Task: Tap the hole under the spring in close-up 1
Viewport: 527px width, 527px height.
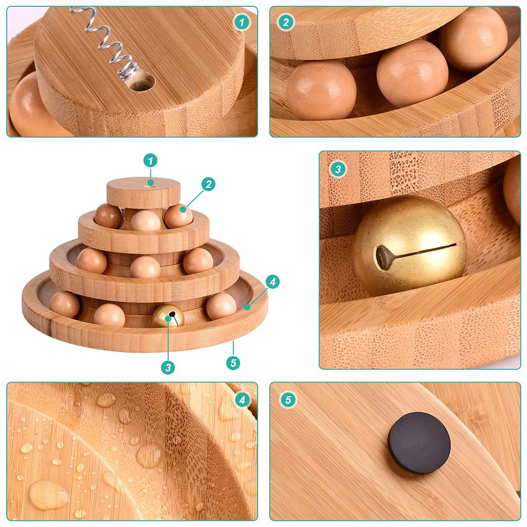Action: click(141, 82)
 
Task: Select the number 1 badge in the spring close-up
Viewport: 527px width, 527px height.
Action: click(241, 22)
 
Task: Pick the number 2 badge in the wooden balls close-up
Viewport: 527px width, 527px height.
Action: click(286, 22)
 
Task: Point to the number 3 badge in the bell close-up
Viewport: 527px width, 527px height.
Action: click(338, 169)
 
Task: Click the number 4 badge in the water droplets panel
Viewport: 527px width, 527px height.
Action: click(242, 400)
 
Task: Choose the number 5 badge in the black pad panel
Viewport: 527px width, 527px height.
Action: click(288, 400)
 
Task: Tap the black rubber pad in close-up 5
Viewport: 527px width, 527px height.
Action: click(419, 442)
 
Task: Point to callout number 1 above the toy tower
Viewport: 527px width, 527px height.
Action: click(150, 161)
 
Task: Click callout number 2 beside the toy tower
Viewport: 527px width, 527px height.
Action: click(208, 184)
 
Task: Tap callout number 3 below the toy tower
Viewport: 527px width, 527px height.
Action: click(168, 367)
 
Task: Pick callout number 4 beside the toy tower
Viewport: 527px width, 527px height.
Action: click(272, 281)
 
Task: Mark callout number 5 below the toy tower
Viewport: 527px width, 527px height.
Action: click(233, 363)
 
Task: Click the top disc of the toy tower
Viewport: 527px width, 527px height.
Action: click(143, 192)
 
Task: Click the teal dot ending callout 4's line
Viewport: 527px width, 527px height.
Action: click(247, 307)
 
